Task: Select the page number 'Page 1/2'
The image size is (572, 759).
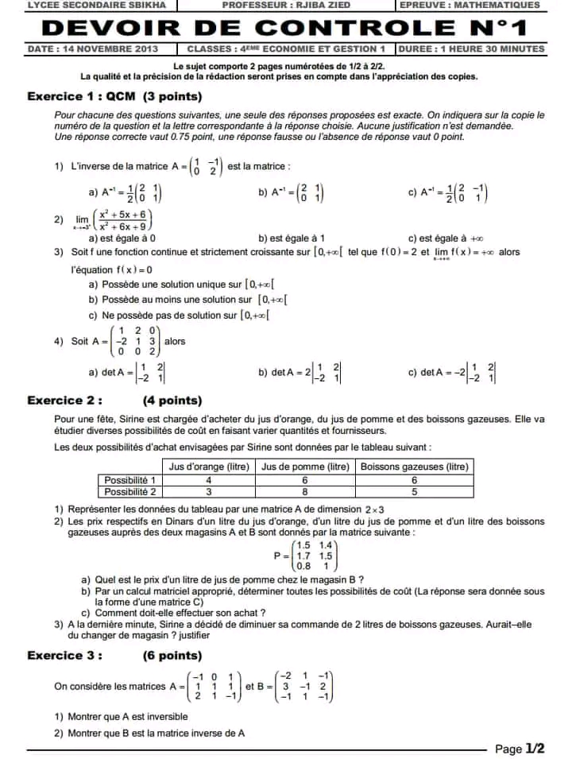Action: (520, 749)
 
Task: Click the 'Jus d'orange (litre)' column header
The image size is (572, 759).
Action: (209, 467)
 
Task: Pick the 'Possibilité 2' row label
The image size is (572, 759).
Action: (130, 492)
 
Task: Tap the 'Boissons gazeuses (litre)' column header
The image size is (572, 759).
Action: (414, 467)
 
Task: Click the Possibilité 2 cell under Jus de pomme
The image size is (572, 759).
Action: (305, 492)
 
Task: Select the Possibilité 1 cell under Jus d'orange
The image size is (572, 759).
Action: (209, 480)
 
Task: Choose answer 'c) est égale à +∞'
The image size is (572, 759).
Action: (446, 238)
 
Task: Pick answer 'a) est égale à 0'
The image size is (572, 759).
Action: (122, 238)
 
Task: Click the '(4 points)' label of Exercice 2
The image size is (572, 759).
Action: (172, 401)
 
